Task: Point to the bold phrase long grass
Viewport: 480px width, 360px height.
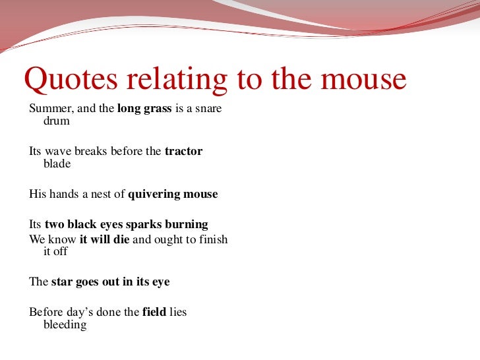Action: click(x=144, y=109)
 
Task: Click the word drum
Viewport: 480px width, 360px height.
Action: click(x=56, y=121)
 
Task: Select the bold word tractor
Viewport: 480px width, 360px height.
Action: click(x=183, y=151)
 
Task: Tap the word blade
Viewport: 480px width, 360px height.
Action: click(x=57, y=164)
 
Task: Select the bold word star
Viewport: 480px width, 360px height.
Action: click(x=61, y=282)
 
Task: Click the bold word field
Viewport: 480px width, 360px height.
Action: click(x=154, y=312)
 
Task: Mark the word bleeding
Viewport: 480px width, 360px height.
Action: click(x=65, y=324)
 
